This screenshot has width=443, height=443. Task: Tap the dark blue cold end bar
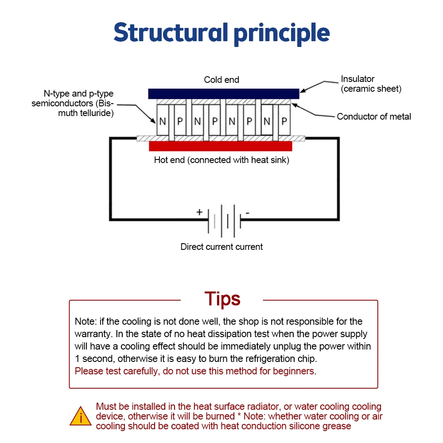(x=223, y=93)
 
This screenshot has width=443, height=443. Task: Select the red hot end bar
(x=221, y=146)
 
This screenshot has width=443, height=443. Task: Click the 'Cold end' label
(x=221, y=80)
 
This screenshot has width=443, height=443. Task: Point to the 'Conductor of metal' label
(x=374, y=117)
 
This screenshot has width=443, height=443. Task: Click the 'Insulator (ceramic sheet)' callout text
(x=371, y=84)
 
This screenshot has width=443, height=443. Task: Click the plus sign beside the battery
(x=199, y=212)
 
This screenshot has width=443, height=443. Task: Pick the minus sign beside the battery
(x=247, y=213)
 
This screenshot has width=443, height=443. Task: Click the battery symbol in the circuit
(x=224, y=221)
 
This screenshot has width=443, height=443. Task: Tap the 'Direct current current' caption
(x=221, y=247)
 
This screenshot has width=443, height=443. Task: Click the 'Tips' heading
(x=222, y=299)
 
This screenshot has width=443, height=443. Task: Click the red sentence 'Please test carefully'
(x=195, y=371)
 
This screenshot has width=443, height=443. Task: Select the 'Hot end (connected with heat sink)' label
(x=221, y=160)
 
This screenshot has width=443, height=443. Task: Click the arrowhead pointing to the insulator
(x=303, y=91)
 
